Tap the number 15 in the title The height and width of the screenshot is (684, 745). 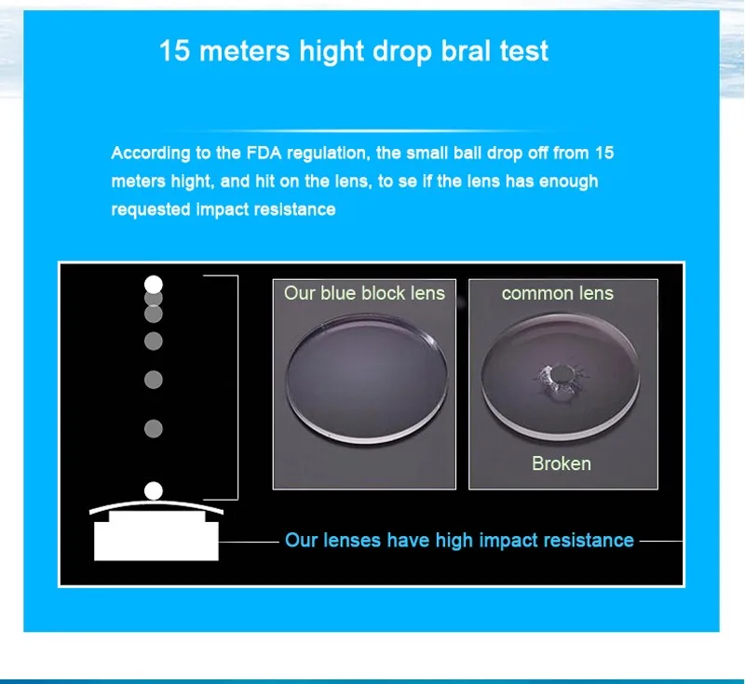click(x=174, y=51)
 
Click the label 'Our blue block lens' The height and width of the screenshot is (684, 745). click(x=364, y=293)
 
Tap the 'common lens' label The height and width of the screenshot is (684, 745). click(x=558, y=293)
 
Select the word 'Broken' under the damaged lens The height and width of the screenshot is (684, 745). click(x=562, y=463)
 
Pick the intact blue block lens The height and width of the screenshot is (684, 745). click(x=366, y=379)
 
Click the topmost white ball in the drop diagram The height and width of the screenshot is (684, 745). click(x=154, y=285)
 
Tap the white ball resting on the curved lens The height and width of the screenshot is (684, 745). click(x=154, y=490)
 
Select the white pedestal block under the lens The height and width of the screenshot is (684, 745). click(x=156, y=536)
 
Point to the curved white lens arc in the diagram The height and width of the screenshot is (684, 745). click(x=156, y=503)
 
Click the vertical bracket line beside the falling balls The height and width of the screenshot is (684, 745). click(x=237, y=387)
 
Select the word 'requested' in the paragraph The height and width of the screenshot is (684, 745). click(x=151, y=209)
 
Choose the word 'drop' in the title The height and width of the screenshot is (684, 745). click(x=402, y=52)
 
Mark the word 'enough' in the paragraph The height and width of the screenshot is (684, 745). click(x=569, y=181)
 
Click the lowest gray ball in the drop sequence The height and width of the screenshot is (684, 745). click(x=154, y=429)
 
